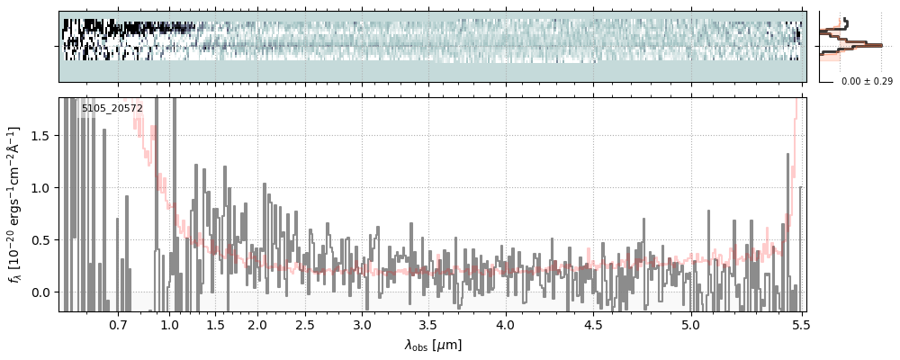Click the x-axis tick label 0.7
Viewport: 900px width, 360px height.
point(118,324)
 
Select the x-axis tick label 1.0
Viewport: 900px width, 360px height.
point(169,324)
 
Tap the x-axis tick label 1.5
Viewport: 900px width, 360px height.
point(215,324)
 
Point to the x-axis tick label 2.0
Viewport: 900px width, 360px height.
point(256,324)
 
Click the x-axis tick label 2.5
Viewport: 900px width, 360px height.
point(305,324)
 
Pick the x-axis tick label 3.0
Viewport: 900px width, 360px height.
point(362,324)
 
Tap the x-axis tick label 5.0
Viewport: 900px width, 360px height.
point(690,324)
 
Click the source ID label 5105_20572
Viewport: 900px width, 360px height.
point(112,109)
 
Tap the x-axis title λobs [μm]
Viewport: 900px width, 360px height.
point(433,345)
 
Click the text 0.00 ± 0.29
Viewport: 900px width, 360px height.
point(867,82)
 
